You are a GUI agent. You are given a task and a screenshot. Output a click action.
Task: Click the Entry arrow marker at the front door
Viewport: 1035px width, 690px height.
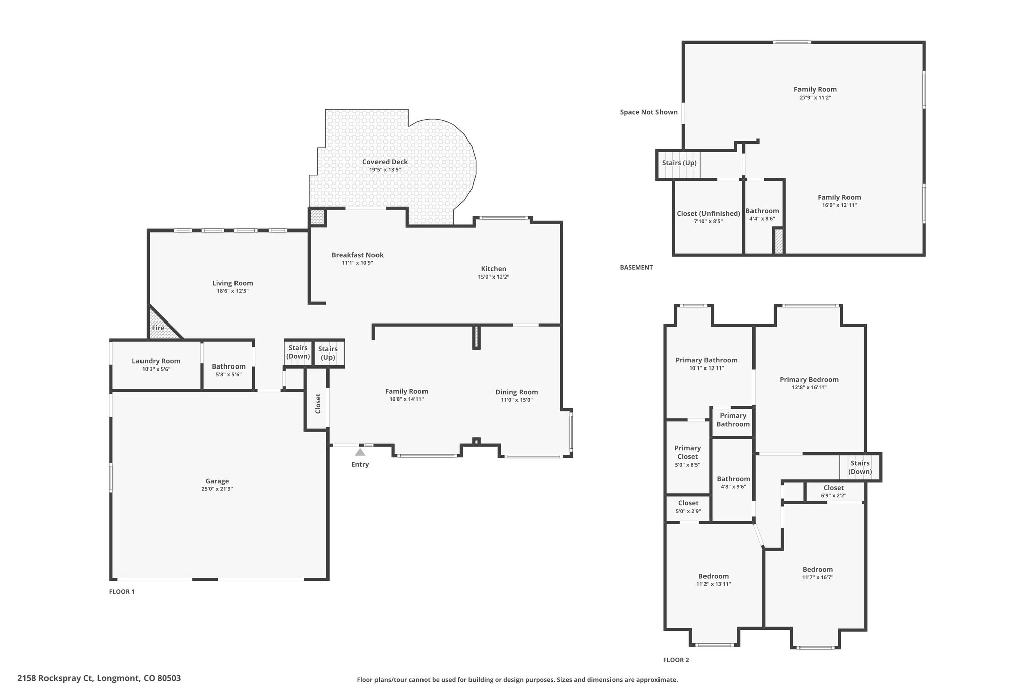[x=360, y=452]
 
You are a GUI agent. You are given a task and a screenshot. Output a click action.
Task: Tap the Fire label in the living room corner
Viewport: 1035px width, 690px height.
[x=158, y=328]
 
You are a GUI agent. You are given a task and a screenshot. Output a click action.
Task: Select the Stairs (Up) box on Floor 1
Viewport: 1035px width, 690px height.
[x=328, y=353]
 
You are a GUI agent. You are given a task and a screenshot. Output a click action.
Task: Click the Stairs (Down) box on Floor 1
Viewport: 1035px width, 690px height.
[x=298, y=353]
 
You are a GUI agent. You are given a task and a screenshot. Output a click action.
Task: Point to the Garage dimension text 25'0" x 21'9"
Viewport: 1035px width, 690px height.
[x=217, y=489]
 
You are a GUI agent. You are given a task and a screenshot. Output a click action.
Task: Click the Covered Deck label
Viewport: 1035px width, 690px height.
[x=385, y=162]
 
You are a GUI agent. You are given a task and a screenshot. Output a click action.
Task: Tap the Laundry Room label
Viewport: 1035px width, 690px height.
[x=156, y=361]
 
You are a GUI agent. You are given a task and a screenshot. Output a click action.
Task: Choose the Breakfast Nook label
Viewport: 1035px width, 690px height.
[x=357, y=255]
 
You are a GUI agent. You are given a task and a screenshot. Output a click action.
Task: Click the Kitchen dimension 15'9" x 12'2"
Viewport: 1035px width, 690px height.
[x=494, y=277]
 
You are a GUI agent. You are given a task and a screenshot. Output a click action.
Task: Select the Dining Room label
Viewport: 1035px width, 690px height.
[x=516, y=392]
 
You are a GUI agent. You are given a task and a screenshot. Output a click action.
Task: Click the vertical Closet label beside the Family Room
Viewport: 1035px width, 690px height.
[x=318, y=404]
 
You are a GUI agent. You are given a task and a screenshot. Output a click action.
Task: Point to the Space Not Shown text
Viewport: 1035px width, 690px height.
[x=649, y=112]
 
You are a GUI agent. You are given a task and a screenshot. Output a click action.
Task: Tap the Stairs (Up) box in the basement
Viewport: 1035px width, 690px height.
[x=679, y=164]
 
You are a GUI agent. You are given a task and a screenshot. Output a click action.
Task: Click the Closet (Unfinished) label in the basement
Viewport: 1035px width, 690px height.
[x=709, y=213]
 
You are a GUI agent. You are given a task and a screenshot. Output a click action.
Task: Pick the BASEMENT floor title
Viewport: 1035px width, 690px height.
[x=636, y=268]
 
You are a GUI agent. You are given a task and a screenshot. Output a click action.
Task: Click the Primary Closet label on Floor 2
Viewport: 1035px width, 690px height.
[x=688, y=452]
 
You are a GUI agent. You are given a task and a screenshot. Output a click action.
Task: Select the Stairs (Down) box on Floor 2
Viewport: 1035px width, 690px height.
[x=860, y=467]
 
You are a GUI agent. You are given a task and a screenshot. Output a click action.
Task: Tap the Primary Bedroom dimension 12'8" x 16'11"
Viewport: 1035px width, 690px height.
[x=809, y=388]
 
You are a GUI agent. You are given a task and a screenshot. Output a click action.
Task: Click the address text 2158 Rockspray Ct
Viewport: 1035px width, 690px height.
[x=56, y=678]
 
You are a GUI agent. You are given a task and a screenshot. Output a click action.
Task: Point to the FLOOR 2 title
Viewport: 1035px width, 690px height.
[x=676, y=660]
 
